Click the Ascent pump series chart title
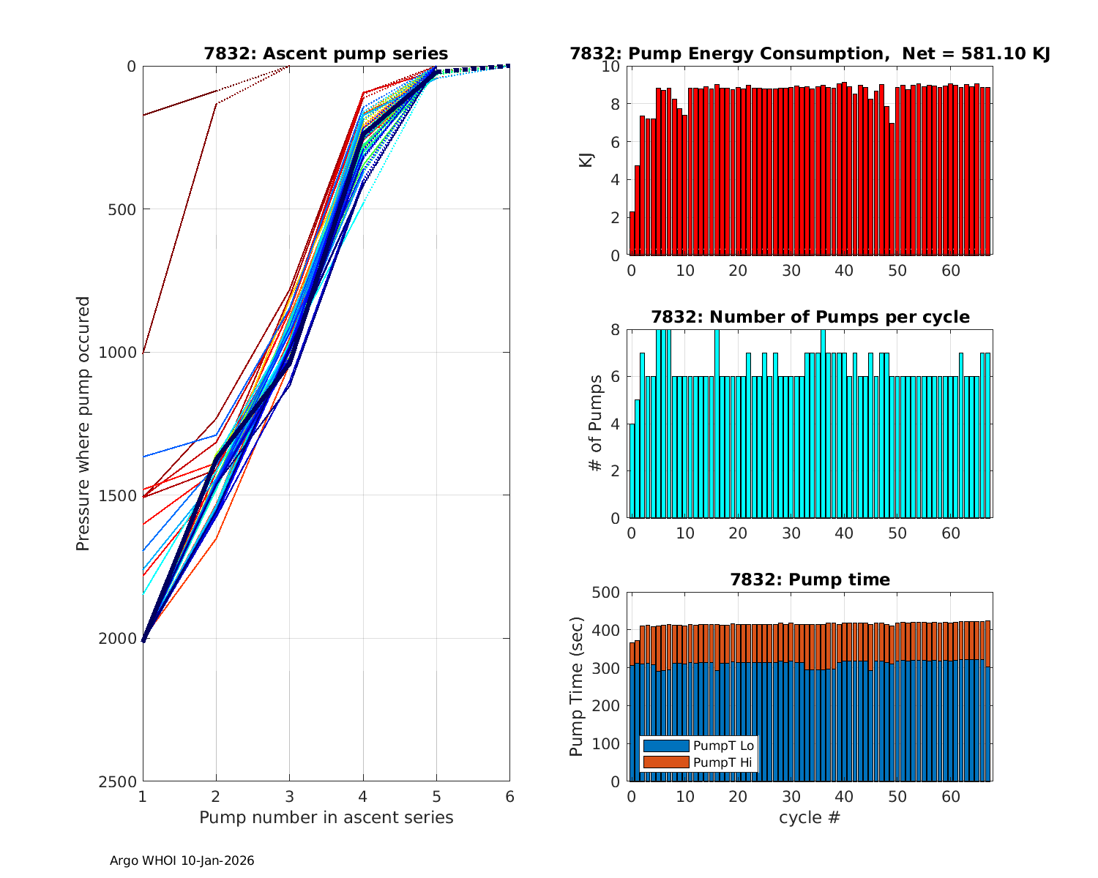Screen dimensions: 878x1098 point(326,53)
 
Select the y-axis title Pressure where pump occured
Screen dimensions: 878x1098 point(83,424)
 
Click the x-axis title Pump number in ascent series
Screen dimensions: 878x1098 point(326,817)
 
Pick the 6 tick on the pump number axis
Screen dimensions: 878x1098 point(509,796)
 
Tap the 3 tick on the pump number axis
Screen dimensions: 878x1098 point(290,796)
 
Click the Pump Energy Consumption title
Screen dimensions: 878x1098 point(810,53)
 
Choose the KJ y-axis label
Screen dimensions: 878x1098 point(586,160)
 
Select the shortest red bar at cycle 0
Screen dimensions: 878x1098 point(632,233)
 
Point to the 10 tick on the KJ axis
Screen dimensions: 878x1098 point(610,67)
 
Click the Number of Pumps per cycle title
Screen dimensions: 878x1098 point(810,317)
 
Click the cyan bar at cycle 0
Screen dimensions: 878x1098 point(632,471)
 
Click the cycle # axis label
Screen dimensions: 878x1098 point(810,817)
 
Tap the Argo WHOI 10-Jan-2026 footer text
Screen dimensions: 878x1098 point(182,861)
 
